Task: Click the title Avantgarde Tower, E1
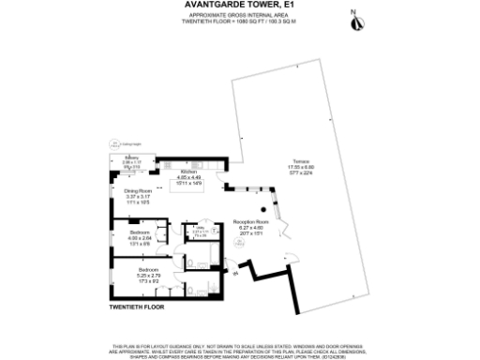240,5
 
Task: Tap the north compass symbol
353,16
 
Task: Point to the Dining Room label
138,190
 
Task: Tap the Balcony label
132,157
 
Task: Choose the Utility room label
201,226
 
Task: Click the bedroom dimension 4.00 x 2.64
140,237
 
